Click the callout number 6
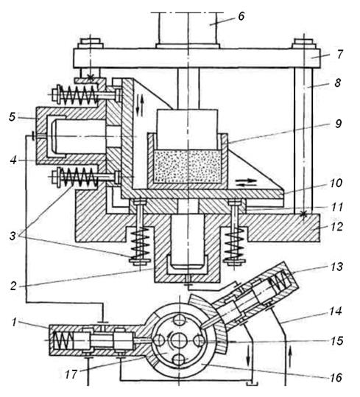241,16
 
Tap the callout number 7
339,55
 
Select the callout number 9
338,124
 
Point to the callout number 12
336,227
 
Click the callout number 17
71,375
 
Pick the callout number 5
12,117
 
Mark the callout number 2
13,286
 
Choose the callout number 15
336,341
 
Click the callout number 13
336,267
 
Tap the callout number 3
13,236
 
